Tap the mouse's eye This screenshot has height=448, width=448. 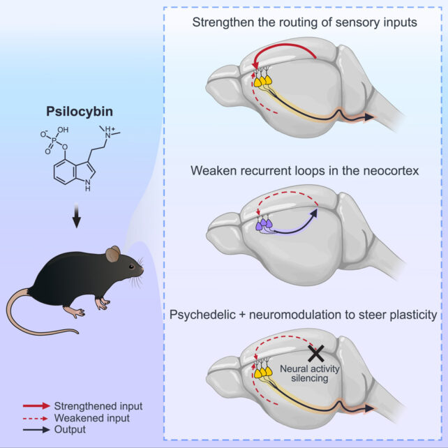(131, 262)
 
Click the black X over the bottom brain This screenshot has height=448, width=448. (316, 352)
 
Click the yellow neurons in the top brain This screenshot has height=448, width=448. (262, 81)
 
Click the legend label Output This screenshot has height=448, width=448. (73, 429)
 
